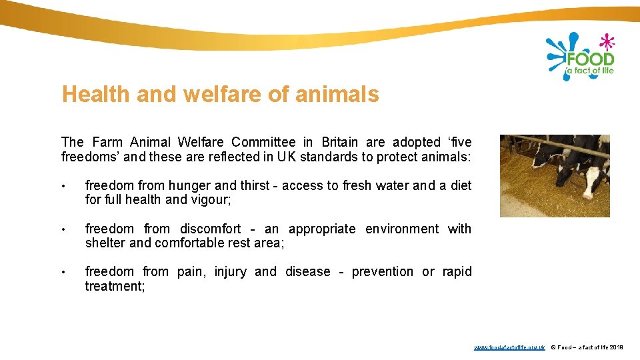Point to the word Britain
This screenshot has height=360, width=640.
[x=339, y=142]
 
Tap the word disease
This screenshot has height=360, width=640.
[x=307, y=271]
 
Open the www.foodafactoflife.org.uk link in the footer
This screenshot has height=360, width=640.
[x=509, y=347]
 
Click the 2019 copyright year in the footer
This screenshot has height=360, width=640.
[x=617, y=347]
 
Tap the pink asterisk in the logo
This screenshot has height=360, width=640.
[x=606, y=43]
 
